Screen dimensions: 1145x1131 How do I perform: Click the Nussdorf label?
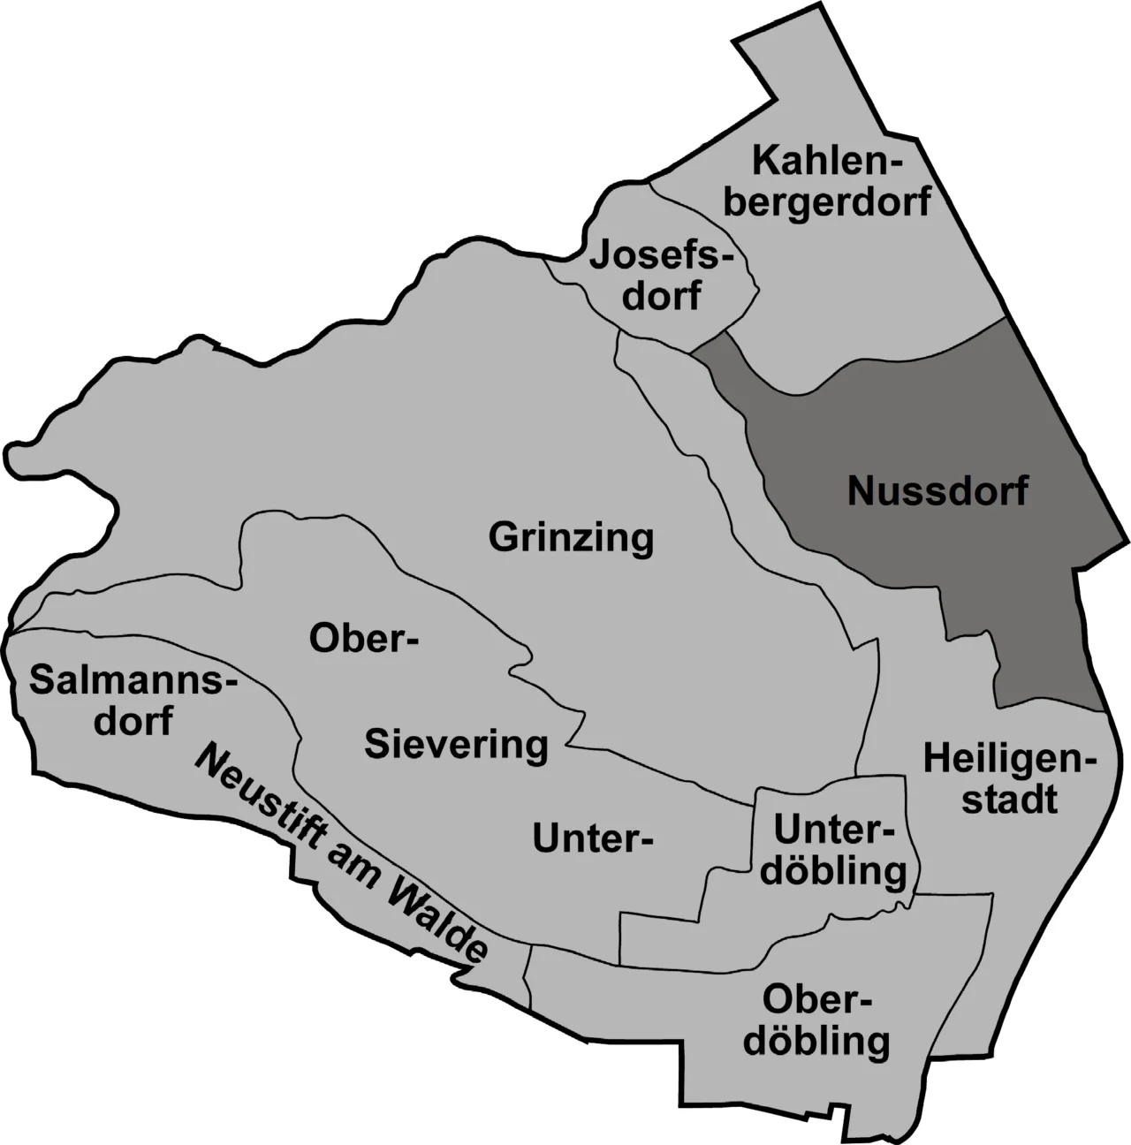[x=937, y=490]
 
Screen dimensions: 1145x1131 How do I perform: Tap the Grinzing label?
[x=571, y=537]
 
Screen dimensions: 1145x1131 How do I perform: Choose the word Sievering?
[x=456, y=745]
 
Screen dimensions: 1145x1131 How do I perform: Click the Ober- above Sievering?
[x=363, y=638]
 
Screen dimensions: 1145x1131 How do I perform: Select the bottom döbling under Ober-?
[x=816, y=1043]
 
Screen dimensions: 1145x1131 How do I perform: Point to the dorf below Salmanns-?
[x=133, y=721]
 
